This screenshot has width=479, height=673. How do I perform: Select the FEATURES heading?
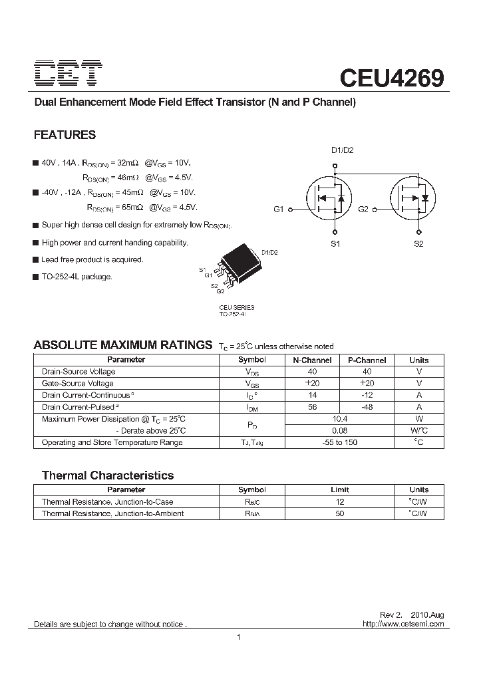pyautogui.click(x=65, y=135)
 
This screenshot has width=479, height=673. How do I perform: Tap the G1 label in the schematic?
pyautogui.click(x=279, y=209)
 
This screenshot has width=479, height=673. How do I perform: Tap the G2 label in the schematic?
pyautogui.click(x=363, y=209)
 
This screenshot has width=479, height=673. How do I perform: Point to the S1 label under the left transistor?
pyautogui.click(x=335, y=244)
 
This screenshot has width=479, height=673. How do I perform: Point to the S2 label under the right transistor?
pyautogui.click(x=418, y=244)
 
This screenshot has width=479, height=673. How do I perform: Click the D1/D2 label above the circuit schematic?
pyautogui.click(x=343, y=150)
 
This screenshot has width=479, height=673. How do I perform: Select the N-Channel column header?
pyautogui.click(x=312, y=360)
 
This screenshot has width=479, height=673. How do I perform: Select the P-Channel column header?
pyautogui.click(x=367, y=360)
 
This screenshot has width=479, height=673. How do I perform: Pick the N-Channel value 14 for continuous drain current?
pyautogui.click(x=312, y=395)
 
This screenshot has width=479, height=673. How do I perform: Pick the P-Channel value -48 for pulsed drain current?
pyautogui.click(x=367, y=407)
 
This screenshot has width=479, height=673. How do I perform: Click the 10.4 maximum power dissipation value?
pyautogui.click(x=339, y=419)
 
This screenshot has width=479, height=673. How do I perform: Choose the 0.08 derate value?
pyautogui.click(x=339, y=431)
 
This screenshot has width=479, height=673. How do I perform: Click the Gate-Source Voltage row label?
pyautogui.click(x=78, y=383)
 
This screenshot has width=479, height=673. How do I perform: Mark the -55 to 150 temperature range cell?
pyautogui.click(x=339, y=443)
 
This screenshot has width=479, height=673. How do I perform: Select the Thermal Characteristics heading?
pyautogui.click(x=108, y=475)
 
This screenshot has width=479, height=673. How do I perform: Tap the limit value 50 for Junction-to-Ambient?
pyautogui.click(x=339, y=514)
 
